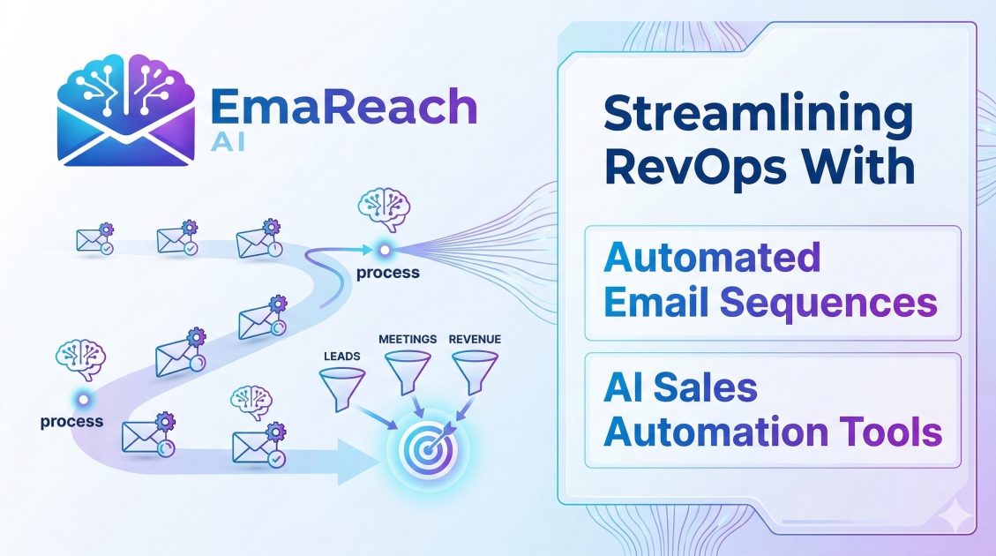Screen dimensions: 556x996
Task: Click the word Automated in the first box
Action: tap(712, 258)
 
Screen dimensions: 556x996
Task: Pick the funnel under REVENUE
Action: tap(474, 372)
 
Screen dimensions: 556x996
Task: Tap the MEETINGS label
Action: tap(408, 339)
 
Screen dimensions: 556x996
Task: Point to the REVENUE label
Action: tap(475, 339)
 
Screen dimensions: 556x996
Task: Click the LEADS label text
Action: tap(339, 357)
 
